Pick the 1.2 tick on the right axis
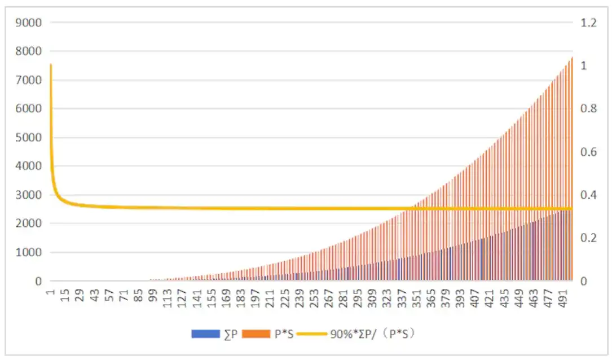(588, 23)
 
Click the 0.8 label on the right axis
(588, 109)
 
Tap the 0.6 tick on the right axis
(588, 152)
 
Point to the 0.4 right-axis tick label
(588, 195)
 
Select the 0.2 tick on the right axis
(588, 238)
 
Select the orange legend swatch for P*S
(256, 334)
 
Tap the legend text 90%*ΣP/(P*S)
(375, 334)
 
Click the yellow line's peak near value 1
(51, 65)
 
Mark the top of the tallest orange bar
(571, 57)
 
